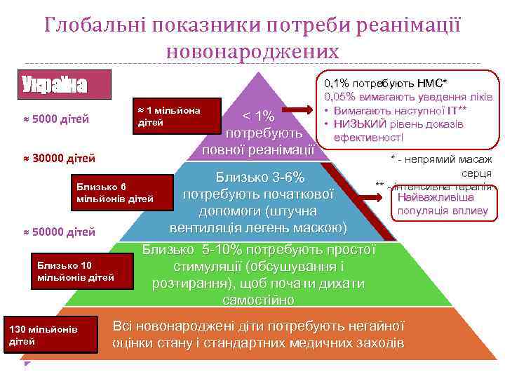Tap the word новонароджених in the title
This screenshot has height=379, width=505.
[x=252, y=51]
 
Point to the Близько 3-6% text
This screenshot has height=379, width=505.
[x=260, y=175]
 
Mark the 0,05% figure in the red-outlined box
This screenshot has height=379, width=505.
[x=341, y=97]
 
